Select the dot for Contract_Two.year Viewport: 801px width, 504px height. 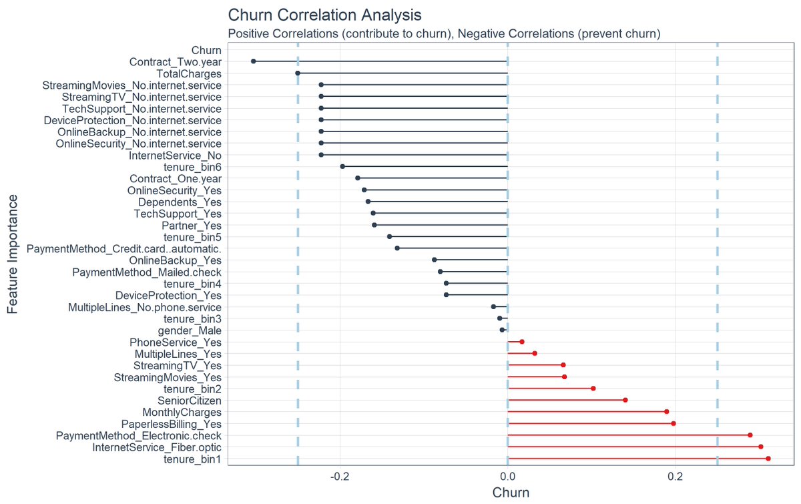click(253, 61)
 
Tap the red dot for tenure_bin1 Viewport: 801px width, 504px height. click(768, 459)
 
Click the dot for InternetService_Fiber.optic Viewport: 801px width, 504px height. click(760, 447)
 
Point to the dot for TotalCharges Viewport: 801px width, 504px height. click(298, 73)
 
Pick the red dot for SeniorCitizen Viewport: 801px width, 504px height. click(625, 400)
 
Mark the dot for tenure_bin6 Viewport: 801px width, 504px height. click(342, 166)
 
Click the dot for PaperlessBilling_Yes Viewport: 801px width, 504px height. click(673, 423)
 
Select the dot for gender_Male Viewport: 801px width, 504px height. click(502, 330)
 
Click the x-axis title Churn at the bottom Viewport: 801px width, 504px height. click(511, 493)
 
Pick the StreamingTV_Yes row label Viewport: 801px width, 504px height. click(177, 365)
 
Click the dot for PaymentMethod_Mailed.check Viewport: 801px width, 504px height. click(440, 272)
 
